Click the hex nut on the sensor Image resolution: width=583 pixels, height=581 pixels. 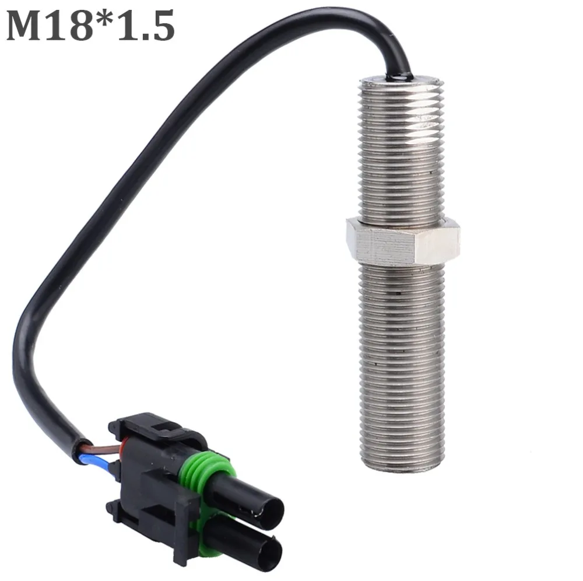click(x=402, y=240)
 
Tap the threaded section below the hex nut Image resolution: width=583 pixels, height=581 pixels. click(x=403, y=362)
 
